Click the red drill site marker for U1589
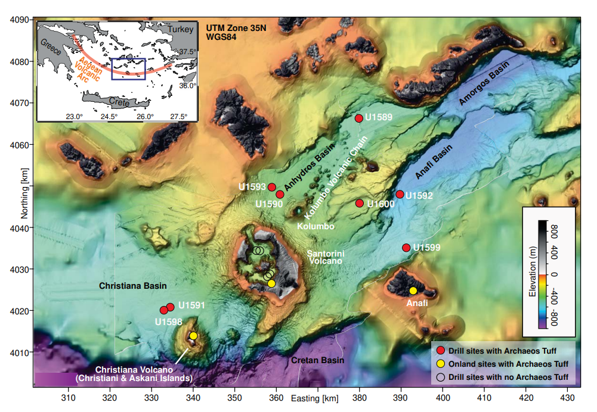359,118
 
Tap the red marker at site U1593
272,187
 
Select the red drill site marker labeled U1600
360,204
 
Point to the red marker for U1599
406,248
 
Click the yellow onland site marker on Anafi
413,291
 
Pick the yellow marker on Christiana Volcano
193,336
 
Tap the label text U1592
419,195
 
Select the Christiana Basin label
132,286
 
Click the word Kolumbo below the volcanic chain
315,227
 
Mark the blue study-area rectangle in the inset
128,68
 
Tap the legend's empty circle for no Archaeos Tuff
440,376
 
